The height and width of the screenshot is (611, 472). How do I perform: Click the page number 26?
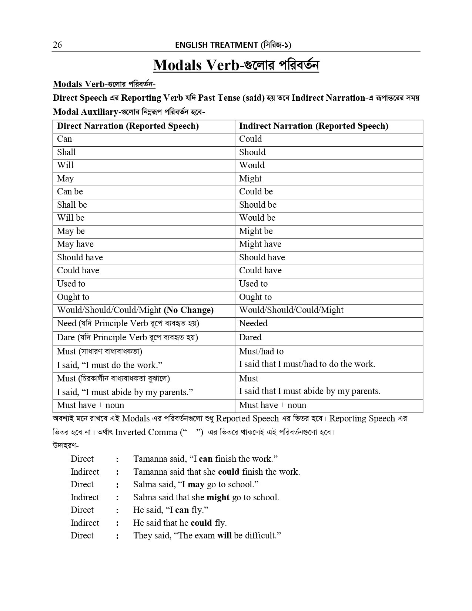[x=57, y=45]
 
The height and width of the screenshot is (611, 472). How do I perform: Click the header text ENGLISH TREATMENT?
[x=216, y=45]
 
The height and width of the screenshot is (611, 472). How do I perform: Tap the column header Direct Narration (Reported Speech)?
[x=128, y=126]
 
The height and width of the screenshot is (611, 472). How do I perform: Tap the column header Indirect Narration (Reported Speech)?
[x=313, y=126]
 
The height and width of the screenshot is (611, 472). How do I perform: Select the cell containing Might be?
[x=255, y=231]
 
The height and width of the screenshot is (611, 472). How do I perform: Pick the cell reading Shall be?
[x=72, y=205]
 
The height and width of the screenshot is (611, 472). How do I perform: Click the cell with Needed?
[x=253, y=324]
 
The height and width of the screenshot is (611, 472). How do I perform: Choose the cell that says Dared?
[x=250, y=338]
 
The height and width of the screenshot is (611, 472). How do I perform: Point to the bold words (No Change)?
[x=188, y=310]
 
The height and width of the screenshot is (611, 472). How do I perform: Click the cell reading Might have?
[x=260, y=244]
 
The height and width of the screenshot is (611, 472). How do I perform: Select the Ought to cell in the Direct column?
[x=73, y=297]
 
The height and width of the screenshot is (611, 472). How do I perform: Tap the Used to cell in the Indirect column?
[x=253, y=284]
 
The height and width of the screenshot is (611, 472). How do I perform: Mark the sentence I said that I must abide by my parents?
[x=309, y=391]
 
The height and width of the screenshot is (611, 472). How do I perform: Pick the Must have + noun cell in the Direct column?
[x=90, y=405]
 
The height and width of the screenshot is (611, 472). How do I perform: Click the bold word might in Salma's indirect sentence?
[x=218, y=498]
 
